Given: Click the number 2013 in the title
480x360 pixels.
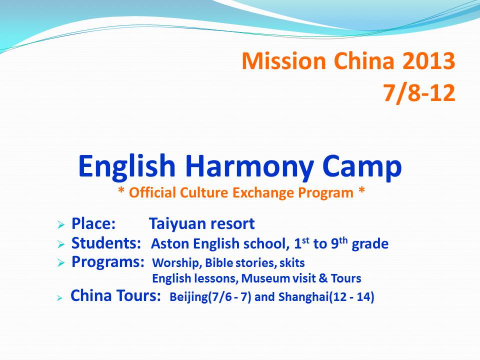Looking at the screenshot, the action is coord(428,60).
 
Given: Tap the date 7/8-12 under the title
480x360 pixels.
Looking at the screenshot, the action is coord(419,92).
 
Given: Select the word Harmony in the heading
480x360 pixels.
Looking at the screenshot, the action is coord(249,167).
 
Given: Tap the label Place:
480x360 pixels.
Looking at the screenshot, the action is coord(93,223).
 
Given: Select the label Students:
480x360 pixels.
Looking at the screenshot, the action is coord(106,243).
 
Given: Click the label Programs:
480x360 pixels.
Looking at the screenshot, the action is coord(108,262).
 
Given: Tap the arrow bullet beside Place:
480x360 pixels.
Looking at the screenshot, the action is coord(61,225).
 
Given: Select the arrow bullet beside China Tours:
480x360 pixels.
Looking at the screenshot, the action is coord(59,298).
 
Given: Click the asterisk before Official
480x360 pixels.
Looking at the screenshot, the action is coord(121,191).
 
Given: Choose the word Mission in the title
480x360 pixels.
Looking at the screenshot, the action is coord(283,60).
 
